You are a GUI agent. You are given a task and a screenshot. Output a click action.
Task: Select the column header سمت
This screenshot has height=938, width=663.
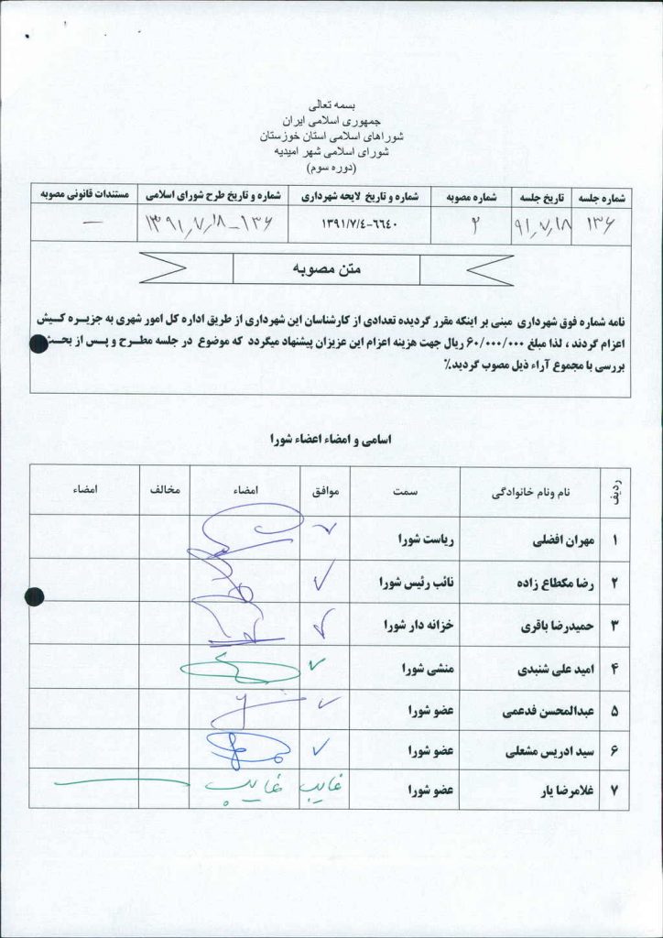tap(405, 492)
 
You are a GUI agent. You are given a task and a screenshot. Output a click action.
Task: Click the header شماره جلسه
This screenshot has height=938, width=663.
tap(602, 196)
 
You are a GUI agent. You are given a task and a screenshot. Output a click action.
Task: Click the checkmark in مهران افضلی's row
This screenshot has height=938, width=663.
tap(325, 529)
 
